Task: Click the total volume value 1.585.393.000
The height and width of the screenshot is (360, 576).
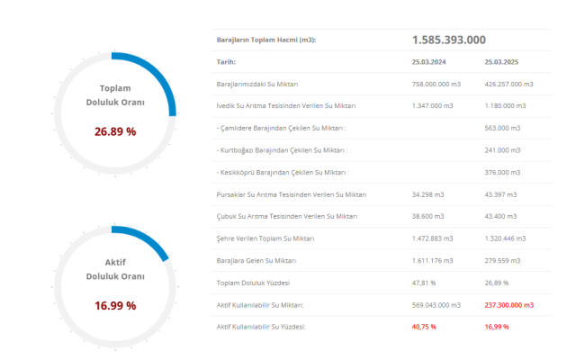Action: pos(449,40)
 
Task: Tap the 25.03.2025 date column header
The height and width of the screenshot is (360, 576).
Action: pos(502,62)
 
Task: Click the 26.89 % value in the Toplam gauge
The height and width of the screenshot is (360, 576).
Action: pos(115,131)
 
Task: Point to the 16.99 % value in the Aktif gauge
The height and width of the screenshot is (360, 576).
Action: pos(115,306)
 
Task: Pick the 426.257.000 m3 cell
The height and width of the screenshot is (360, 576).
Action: pos(508,84)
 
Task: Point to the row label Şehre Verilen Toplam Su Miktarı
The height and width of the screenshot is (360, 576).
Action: pos(265,238)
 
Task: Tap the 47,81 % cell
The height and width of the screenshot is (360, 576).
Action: pos(425,283)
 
